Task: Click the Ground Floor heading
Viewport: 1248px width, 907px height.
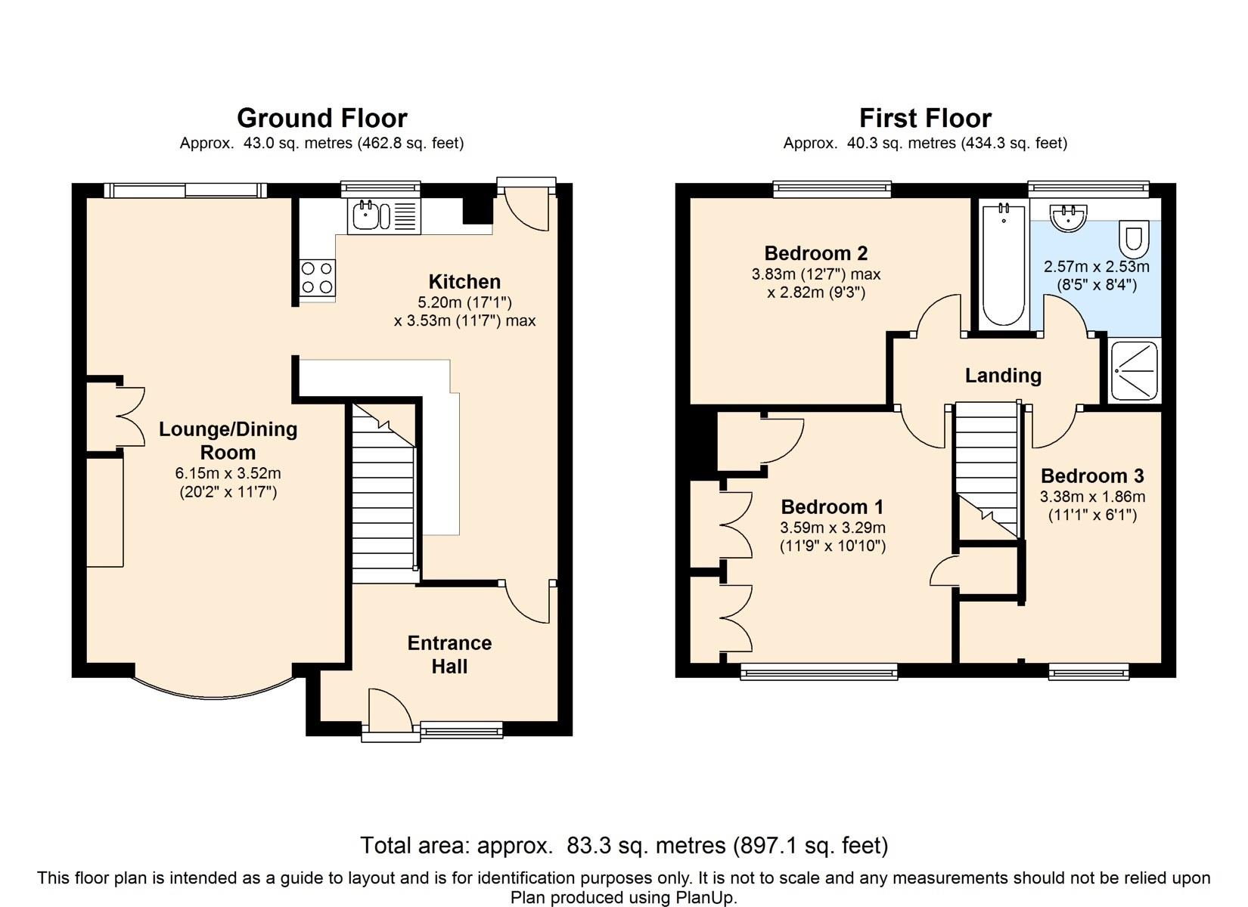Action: [322, 118]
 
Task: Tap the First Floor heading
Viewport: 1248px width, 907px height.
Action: [926, 118]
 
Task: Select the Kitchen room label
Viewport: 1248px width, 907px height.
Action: [464, 282]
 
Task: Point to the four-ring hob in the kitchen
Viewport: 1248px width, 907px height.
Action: [317, 278]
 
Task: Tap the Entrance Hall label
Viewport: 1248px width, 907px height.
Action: [449, 655]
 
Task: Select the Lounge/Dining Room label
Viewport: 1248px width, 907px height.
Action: [228, 441]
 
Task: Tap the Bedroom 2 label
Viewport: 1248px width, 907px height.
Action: [815, 253]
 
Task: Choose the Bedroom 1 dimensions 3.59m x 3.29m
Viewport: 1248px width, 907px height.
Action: [832, 528]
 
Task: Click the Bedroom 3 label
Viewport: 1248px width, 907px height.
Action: [1092, 476]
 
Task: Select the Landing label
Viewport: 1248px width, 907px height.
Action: [1003, 376]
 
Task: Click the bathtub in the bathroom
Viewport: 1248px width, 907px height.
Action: [1004, 265]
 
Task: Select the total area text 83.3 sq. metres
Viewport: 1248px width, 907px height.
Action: [646, 846]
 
